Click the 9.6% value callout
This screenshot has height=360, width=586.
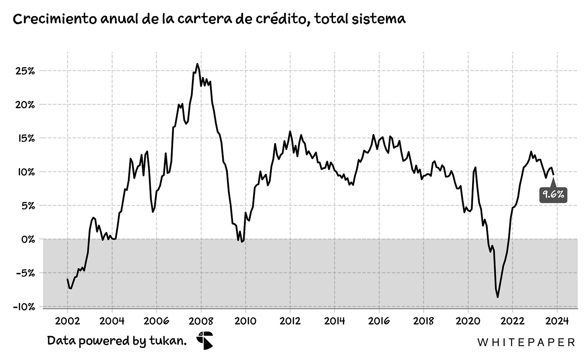pos(553,195)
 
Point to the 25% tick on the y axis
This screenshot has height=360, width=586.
pos(25,71)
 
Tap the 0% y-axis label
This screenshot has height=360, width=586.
pos(28,239)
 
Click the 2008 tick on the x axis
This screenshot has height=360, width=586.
pos(201,321)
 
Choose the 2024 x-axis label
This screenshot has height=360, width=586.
pos(557,321)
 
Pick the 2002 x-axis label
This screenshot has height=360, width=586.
pos(68,321)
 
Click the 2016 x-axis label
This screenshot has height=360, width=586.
pos(379,321)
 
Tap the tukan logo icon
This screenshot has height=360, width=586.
pos(205,341)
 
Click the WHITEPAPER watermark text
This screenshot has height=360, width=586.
pos(526,342)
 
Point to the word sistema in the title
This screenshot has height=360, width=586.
pos(378,19)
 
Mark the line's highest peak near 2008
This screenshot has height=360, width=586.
pos(197,64)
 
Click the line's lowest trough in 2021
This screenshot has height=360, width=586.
pos(497,297)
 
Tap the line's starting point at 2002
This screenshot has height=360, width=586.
pos(67,279)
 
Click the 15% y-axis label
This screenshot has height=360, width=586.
pos(26,138)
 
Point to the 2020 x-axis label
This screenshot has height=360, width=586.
pos(468,321)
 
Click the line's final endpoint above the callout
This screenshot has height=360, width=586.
pos(553,175)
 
